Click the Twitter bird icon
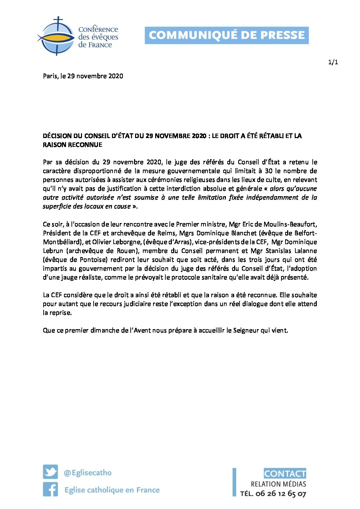[50, 472]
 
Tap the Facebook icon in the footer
[50, 490]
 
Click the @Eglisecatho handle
[87, 473]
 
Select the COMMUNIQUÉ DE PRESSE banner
[227, 35]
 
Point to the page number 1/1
[333, 62]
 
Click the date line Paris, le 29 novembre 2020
[83, 76]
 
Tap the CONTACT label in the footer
[285, 473]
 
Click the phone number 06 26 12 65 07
[281, 494]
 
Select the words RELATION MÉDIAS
[278, 484]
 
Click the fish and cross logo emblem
[55, 36]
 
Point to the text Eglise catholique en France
[112, 490]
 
